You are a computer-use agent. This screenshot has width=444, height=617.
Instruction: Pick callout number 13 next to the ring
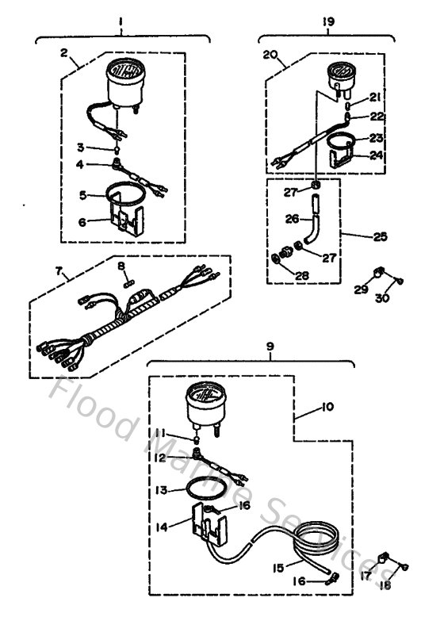tap(162, 492)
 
